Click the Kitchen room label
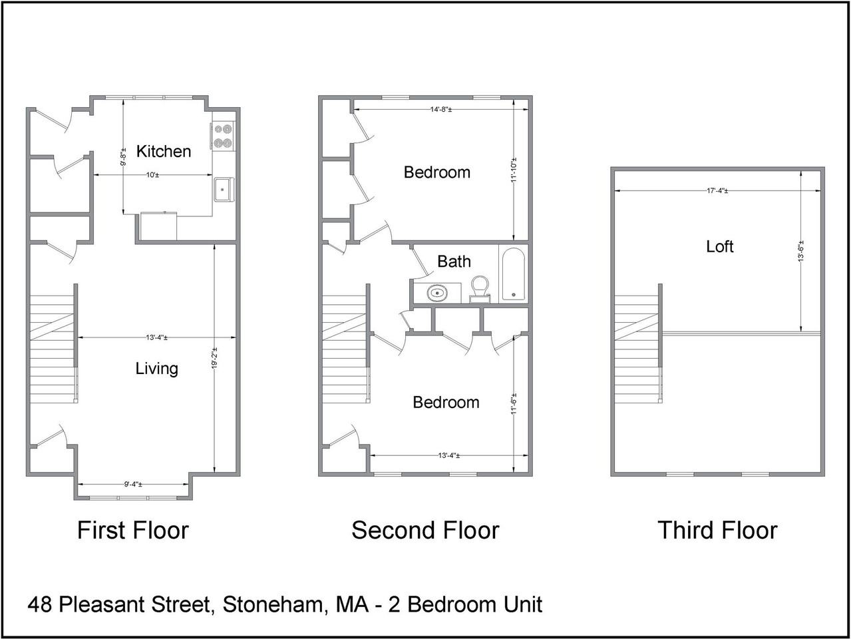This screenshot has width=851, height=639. click(x=164, y=151)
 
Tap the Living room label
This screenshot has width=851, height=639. click(x=156, y=368)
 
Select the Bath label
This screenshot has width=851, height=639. click(x=454, y=262)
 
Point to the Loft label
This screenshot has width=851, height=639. click(x=720, y=246)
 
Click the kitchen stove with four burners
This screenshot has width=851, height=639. click(x=224, y=136)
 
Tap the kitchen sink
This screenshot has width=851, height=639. click(x=224, y=190)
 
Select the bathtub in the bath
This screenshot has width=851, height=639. click(x=514, y=274)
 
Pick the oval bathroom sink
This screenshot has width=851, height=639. click(x=437, y=293)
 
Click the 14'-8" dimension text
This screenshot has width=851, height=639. click(x=441, y=110)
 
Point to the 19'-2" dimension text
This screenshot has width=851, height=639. click(x=214, y=358)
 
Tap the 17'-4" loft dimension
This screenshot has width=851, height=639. click(x=717, y=191)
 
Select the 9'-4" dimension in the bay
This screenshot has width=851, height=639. click(x=133, y=485)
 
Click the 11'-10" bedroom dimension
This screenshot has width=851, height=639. click(x=514, y=170)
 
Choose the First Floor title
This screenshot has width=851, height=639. click(x=133, y=531)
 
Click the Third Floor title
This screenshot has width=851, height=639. click(x=718, y=531)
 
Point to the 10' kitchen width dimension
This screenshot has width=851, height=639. click(x=152, y=175)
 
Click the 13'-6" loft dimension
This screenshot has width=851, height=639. click(x=801, y=251)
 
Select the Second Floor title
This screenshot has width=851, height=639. click(x=425, y=531)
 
